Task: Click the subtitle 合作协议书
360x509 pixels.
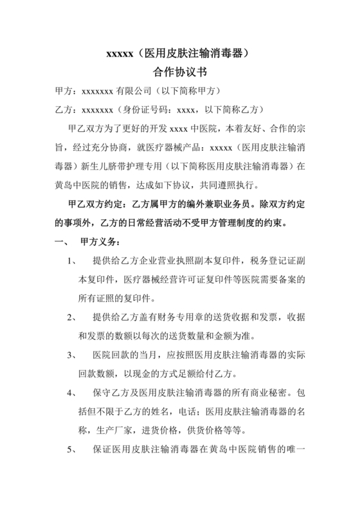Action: point(179,73)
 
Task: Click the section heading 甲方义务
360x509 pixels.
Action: point(98,242)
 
